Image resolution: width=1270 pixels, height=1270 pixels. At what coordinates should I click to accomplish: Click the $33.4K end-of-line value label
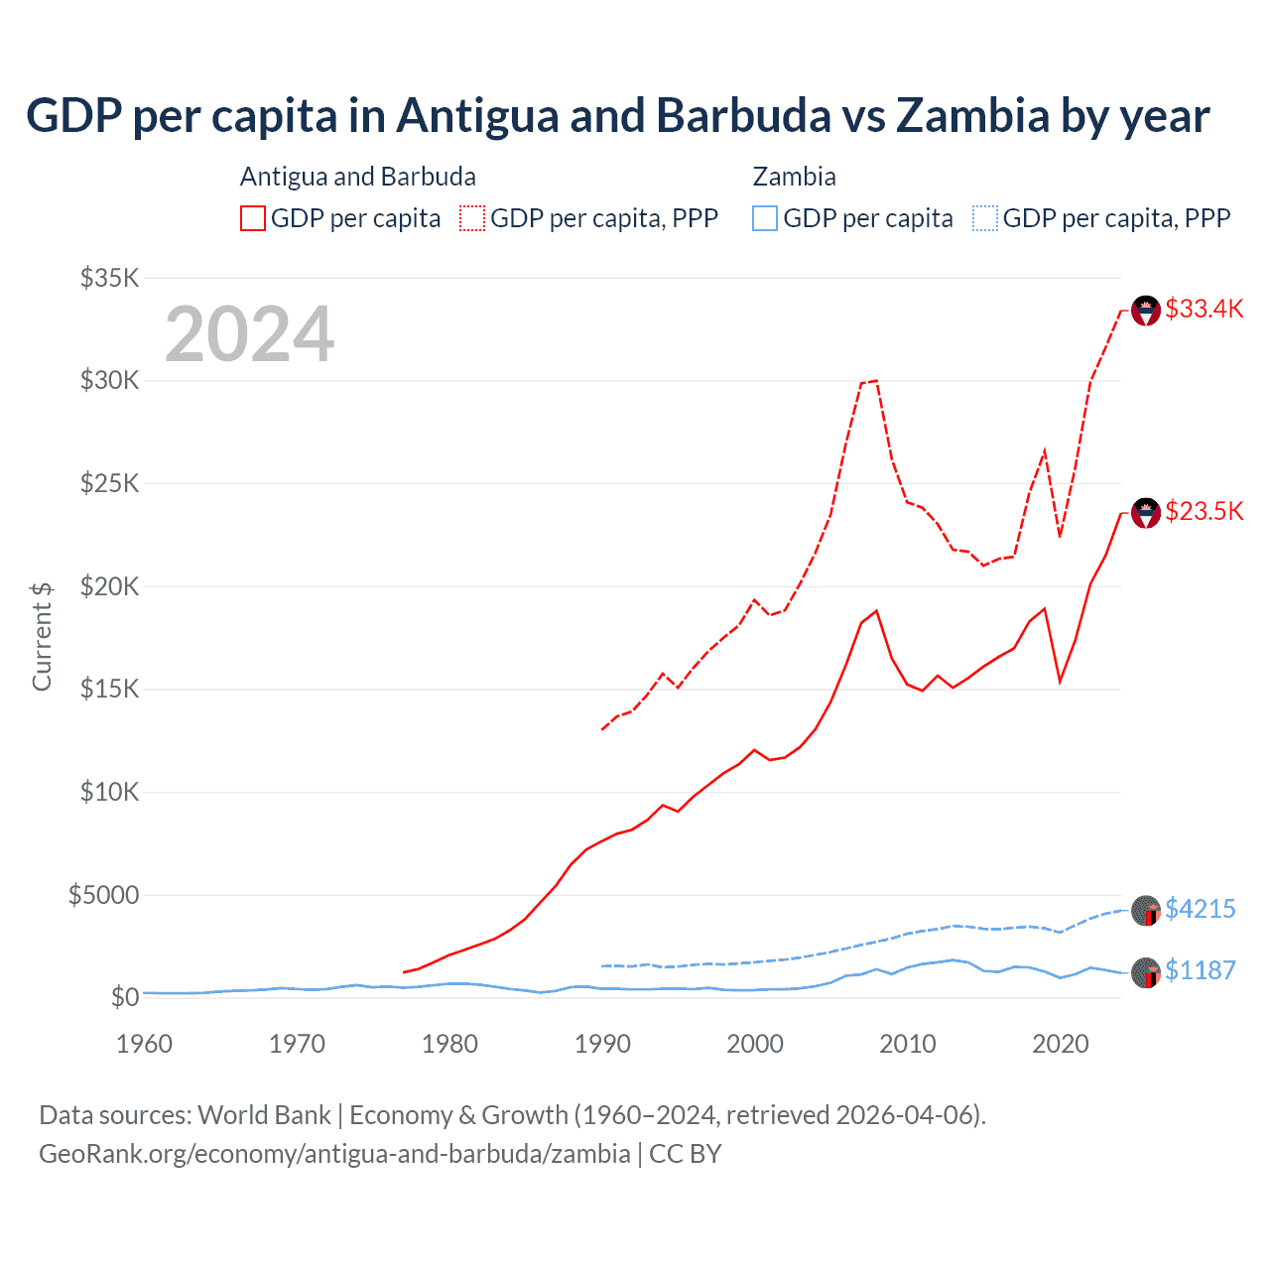1204,309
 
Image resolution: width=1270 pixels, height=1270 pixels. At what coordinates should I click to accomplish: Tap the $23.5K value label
1204,511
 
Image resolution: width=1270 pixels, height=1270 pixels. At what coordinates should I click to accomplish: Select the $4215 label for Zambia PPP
1200,909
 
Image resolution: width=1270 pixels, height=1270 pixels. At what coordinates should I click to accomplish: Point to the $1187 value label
1200,970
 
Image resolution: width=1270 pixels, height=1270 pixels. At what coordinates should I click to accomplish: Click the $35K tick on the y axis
109,278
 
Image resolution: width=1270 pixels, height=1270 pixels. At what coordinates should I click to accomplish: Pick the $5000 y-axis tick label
103,895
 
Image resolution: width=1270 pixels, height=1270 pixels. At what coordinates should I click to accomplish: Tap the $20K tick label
109,586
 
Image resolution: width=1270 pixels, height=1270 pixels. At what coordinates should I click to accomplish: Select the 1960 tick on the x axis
144,1044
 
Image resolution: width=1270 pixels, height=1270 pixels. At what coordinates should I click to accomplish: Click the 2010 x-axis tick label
908,1044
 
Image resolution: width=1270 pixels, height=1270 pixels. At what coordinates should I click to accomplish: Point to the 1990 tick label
602,1044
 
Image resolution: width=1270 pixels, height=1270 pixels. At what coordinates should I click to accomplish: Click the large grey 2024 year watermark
249,334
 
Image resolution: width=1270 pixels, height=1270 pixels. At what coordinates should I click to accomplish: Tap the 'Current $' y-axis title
42,636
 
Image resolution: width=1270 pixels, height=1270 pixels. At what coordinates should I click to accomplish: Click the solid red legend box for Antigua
253,218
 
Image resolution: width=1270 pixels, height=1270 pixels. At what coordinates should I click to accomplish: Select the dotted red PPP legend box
472,218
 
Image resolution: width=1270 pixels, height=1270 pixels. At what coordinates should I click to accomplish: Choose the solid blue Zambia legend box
765,218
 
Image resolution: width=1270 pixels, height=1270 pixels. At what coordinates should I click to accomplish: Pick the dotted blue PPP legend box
985,218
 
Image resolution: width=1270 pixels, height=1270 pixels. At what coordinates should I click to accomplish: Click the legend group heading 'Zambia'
794,177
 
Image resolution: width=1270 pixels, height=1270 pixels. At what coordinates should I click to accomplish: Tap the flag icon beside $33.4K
1146,311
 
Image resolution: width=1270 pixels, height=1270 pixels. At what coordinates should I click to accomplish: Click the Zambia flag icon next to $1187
1146,972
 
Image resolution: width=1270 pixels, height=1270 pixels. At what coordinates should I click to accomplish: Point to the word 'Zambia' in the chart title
972,115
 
